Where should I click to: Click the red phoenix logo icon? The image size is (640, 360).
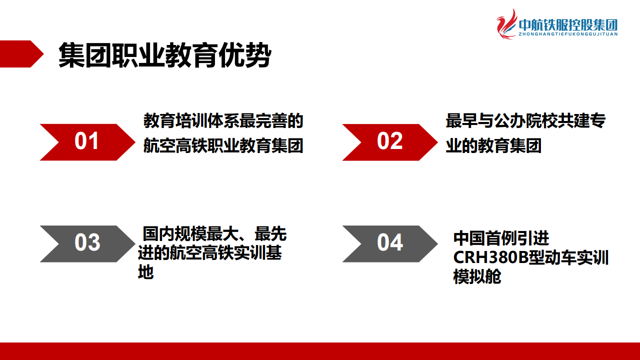pyautogui.click(x=506, y=24)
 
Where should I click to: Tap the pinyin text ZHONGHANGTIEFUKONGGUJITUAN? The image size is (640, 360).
pyautogui.click(x=568, y=34)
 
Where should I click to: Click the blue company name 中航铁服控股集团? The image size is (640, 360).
pyautogui.click(x=568, y=24)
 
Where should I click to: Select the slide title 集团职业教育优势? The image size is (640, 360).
pyautogui.click(x=164, y=55)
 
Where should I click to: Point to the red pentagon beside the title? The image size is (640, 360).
pyautogui.click(x=21, y=54)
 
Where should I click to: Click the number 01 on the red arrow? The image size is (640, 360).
pyautogui.click(x=86, y=141)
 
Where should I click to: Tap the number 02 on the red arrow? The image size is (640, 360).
pyautogui.click(x=389, y=141)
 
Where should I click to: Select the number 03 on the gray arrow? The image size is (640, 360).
pyautogui.click(x=87, y=242)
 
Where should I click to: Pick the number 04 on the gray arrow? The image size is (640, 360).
pyautogui.click(x=390, y=242)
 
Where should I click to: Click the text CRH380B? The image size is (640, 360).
pyautogui.click(x=490, y=257)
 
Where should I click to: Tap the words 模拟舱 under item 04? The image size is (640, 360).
pyautogui.click(x=477, y=276)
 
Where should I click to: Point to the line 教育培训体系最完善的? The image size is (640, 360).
pyautogui.click(x=223, y=121)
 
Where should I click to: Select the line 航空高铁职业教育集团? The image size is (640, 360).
pyautogui.click(x=223, y=145)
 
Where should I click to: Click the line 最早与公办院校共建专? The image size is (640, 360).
pyautogui.click(x=525, y=121)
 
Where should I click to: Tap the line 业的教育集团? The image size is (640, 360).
pyautogui.click(x=493, y=145)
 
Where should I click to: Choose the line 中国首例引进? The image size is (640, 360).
pyautogui.click(x=501, y=238)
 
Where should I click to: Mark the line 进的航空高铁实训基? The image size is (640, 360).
pyautogui.click(x=210, y=252)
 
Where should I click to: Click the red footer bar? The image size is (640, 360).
pyautogui.click(x=320, y=351)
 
